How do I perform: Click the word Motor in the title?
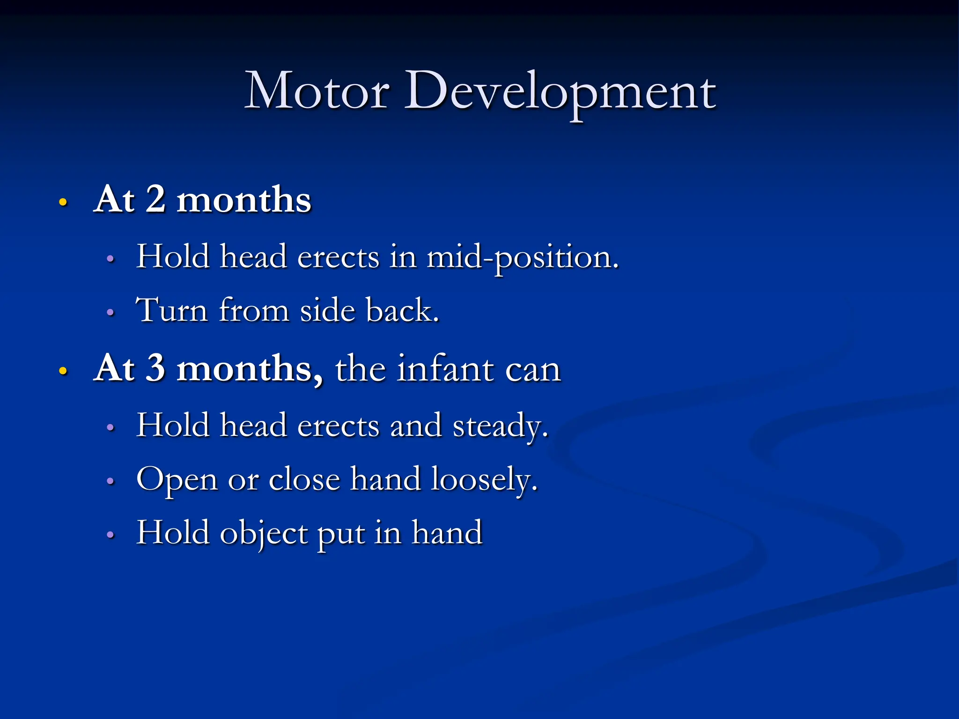point(317,91)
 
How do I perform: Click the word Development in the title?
point(560,92)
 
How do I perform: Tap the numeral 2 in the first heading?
point(155,199)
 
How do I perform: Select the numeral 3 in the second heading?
point(155,368)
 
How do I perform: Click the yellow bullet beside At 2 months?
point(63,203)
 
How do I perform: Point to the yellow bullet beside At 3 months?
point(63,371)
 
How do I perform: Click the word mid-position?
point(522,258)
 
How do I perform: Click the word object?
point(264,534)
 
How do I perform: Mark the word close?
point(304,480)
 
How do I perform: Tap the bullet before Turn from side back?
point(111,312)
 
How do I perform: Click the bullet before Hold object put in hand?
point(111,535)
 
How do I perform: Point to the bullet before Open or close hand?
point(111,481)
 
